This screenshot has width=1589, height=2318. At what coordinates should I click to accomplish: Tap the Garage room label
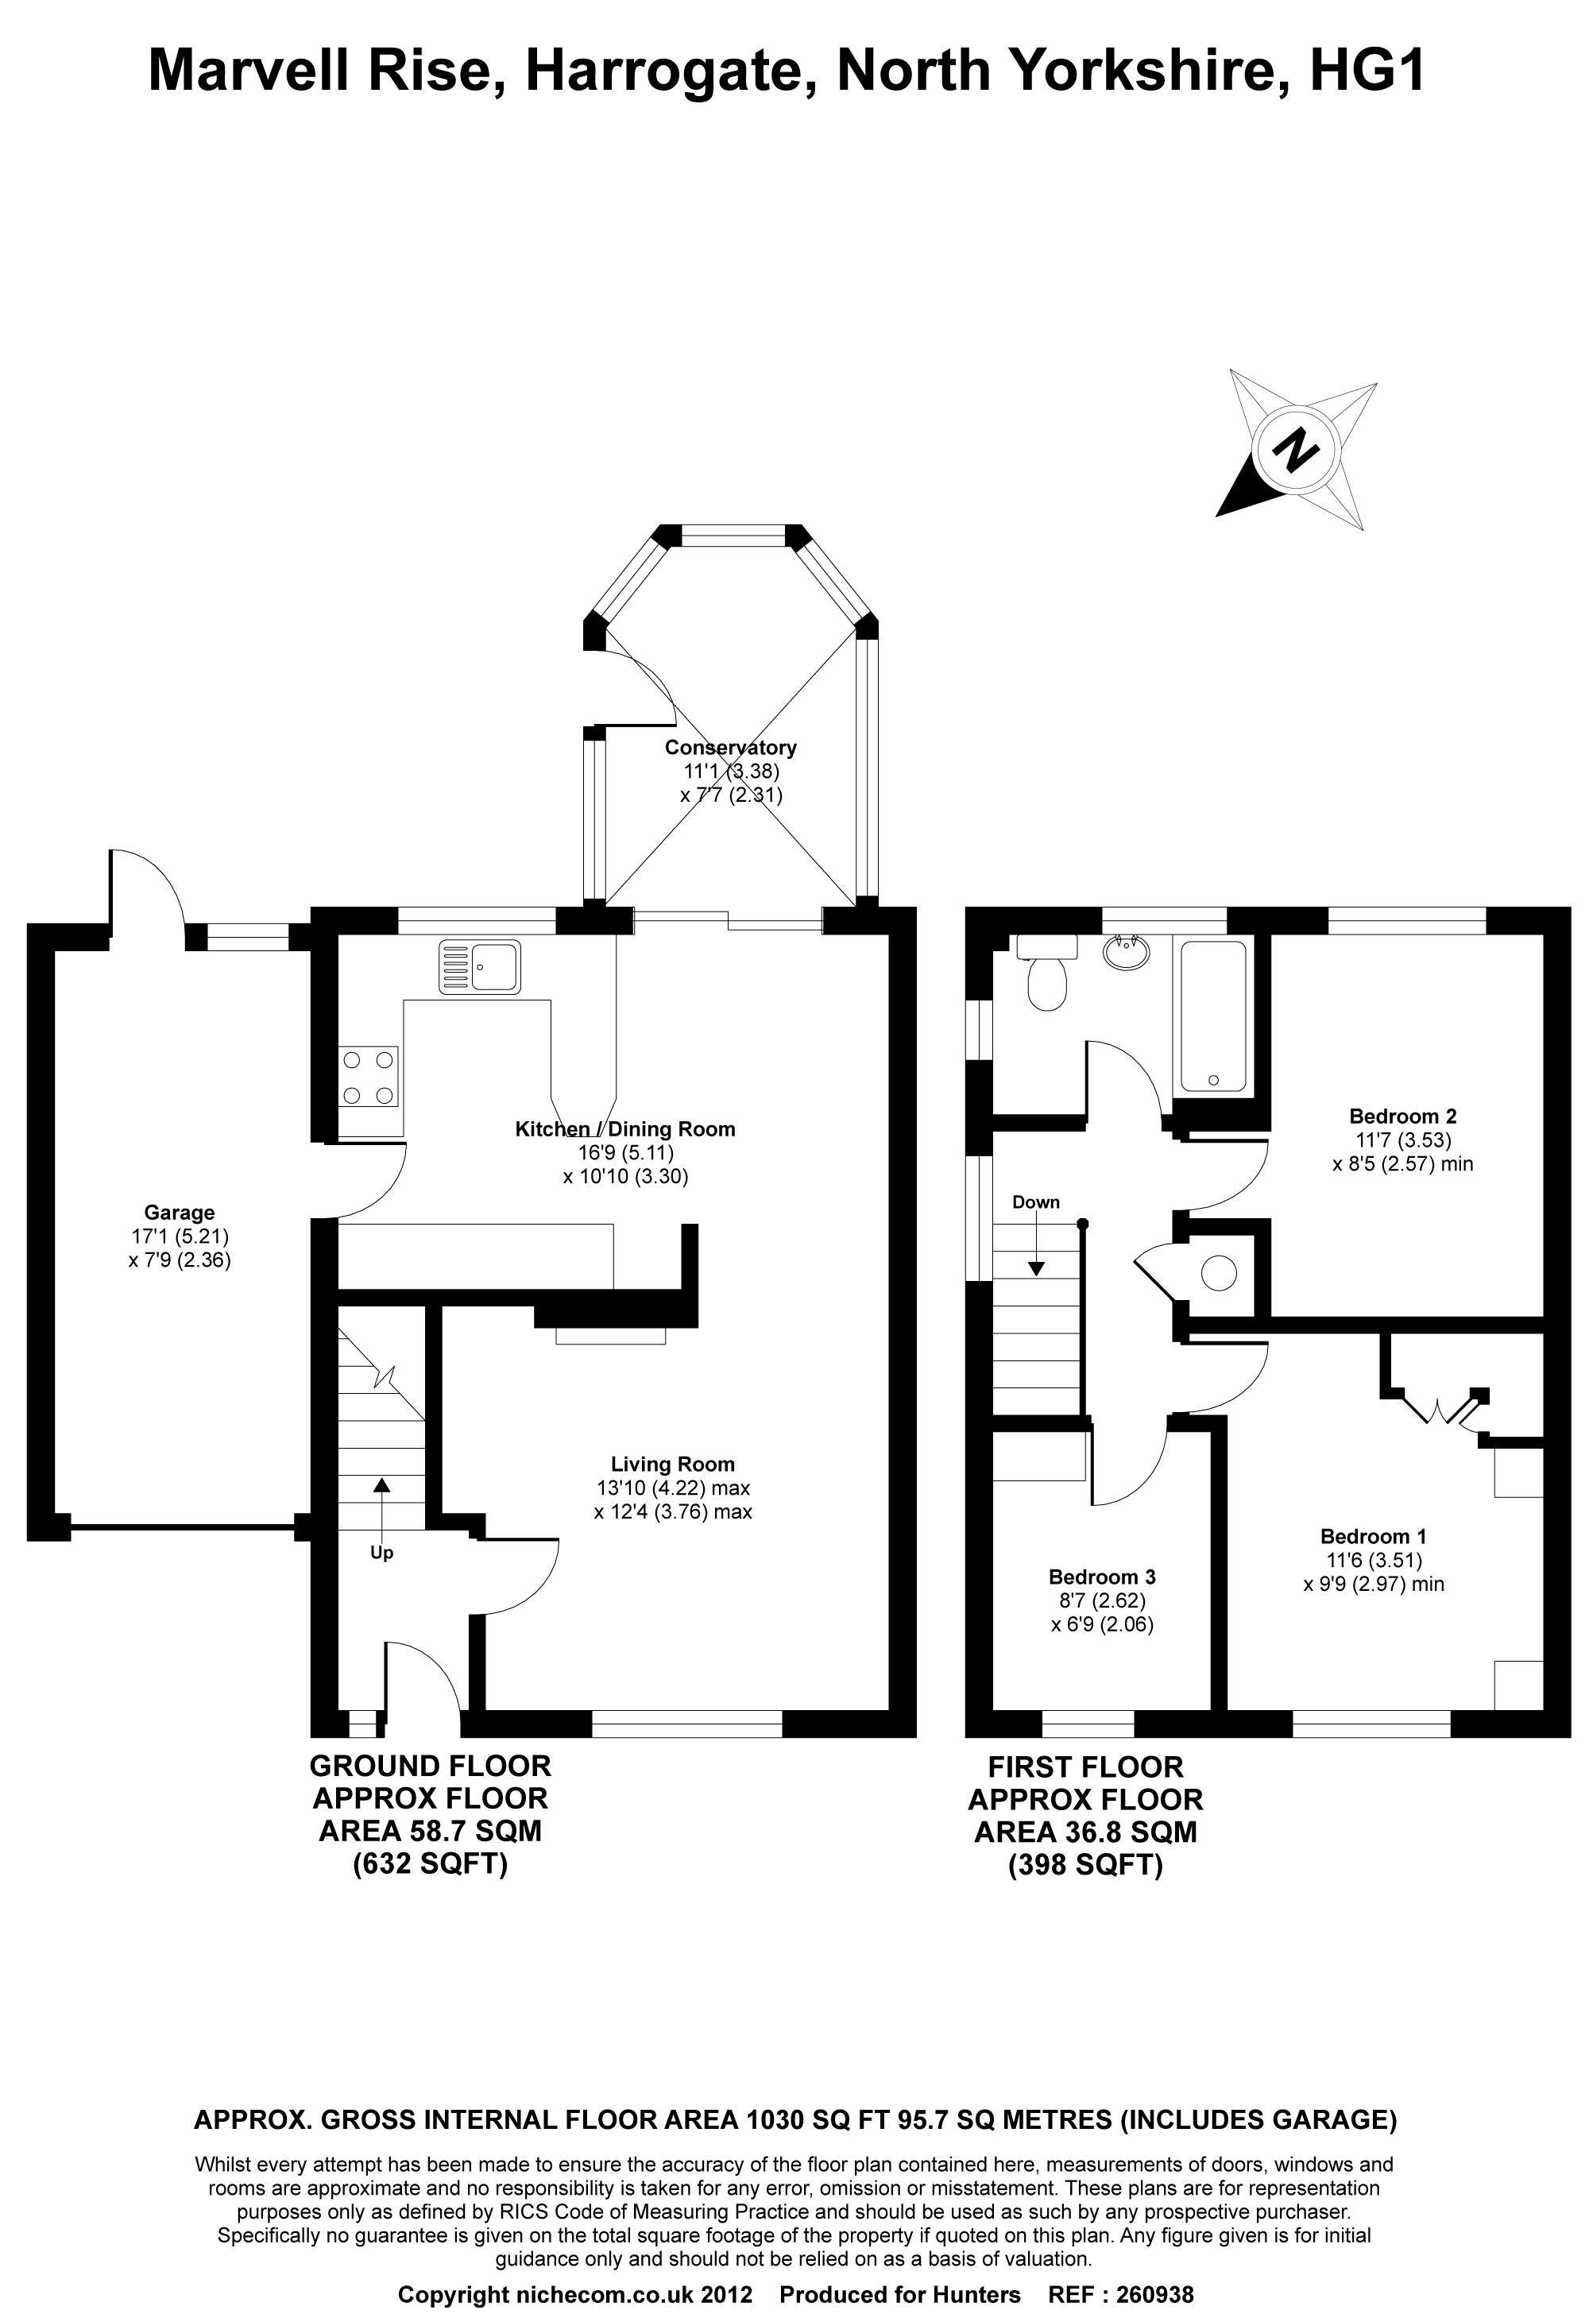point(180,1213)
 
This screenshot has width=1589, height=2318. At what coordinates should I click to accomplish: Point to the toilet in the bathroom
point(1046,972)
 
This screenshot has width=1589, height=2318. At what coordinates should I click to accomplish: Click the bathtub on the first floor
point(1213,1016)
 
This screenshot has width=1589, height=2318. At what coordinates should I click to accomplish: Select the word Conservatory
point(731,747)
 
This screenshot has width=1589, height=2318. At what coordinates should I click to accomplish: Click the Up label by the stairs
point(382,1553)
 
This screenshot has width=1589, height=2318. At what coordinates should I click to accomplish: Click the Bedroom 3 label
point(1102,1577)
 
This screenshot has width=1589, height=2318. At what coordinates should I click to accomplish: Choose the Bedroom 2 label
point(1403,1116)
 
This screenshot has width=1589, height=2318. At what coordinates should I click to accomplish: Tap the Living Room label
point(673,1465)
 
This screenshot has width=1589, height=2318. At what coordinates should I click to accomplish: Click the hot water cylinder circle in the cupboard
point(1219,1274)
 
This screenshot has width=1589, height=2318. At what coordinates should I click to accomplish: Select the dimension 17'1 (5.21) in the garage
point(180,1236)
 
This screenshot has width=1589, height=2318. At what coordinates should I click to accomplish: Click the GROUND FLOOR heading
point(431,1767)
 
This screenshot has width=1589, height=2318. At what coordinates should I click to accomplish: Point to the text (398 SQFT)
point(1086,1864)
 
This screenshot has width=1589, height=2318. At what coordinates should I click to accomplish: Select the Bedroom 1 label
point(1374,1536)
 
